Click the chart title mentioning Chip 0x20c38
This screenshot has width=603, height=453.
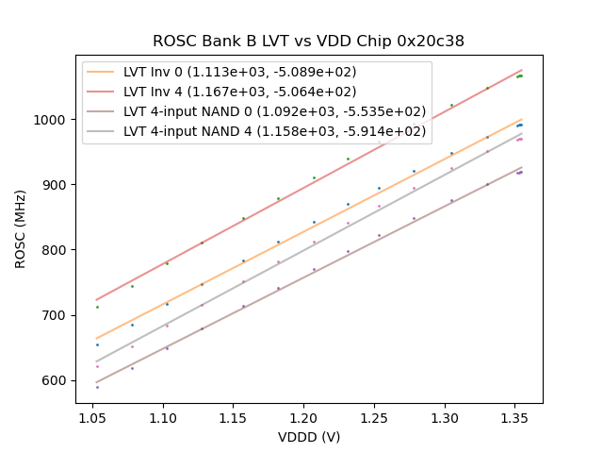click(x=308, y=42)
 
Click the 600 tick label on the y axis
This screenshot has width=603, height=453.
click(x=57, y=380)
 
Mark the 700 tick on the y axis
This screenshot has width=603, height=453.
click(x=57, y=315)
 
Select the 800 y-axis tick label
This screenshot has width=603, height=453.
click(x=57, y=250)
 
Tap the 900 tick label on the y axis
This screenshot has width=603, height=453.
click(x=57, y=185)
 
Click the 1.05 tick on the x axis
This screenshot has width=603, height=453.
click(x=92, y=416)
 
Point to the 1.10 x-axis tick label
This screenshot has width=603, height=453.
click(x=163, y=416)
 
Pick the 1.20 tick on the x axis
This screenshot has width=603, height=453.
click(x=303, y=416)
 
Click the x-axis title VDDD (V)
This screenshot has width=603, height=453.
click(x=309, y=437)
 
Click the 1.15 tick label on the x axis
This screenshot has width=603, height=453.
click(x=233, y=416)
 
